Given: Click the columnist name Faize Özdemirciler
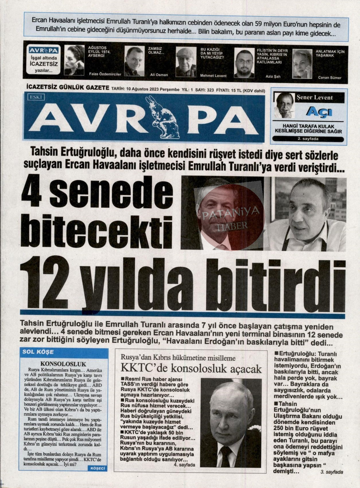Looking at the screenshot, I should [105, 74].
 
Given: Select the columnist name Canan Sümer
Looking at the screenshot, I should [330, 78].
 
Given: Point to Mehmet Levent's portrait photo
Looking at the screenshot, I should [186, 62].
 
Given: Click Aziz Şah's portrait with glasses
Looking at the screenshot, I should [244, 63].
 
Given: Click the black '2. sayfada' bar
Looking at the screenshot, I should [308, 139].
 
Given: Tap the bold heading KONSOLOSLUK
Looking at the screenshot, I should [63, 364].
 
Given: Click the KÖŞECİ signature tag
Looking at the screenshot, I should [98, 468].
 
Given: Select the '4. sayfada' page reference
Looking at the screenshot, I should [184, 464].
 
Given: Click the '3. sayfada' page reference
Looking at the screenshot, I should [332, 472].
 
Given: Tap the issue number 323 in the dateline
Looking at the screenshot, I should [210, 90].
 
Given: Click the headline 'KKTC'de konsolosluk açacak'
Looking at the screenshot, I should [191, 369].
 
